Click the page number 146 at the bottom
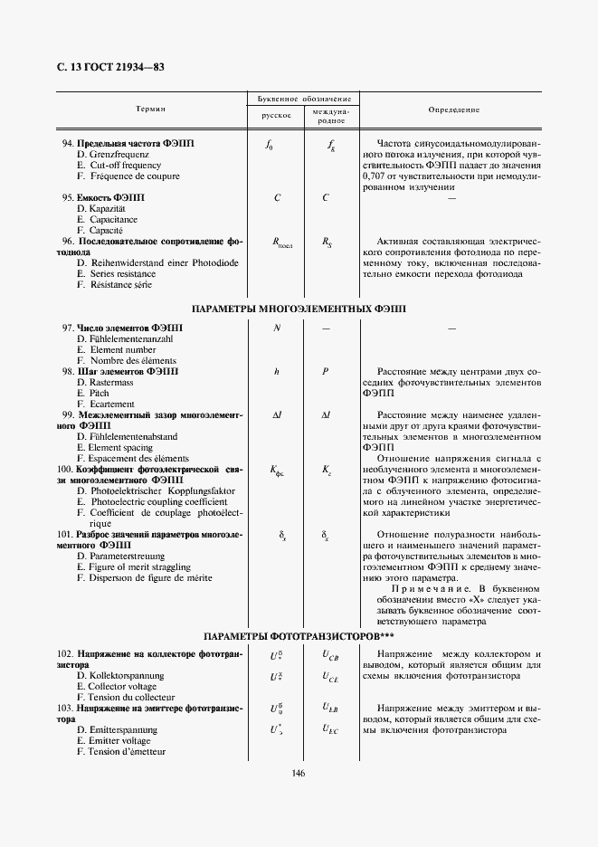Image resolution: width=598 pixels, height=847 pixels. (299, 773)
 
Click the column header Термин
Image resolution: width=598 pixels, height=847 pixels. (150, 109)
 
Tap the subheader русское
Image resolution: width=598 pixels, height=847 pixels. (276, 116)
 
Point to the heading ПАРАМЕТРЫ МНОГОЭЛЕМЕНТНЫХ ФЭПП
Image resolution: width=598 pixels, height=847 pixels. (299, 309)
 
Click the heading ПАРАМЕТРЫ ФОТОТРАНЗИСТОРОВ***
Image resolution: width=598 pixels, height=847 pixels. (299, 636)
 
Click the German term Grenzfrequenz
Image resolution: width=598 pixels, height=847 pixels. (125, 155)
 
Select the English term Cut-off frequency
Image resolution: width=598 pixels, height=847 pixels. (128, 166)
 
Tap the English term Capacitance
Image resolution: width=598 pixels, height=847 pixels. (114, 219)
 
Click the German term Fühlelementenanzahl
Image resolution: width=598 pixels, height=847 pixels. (132, 338)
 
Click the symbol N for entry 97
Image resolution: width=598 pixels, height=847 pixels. (276, 328)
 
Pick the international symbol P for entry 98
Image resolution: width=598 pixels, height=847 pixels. (325, 371)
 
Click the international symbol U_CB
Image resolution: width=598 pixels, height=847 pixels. (330, 655)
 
